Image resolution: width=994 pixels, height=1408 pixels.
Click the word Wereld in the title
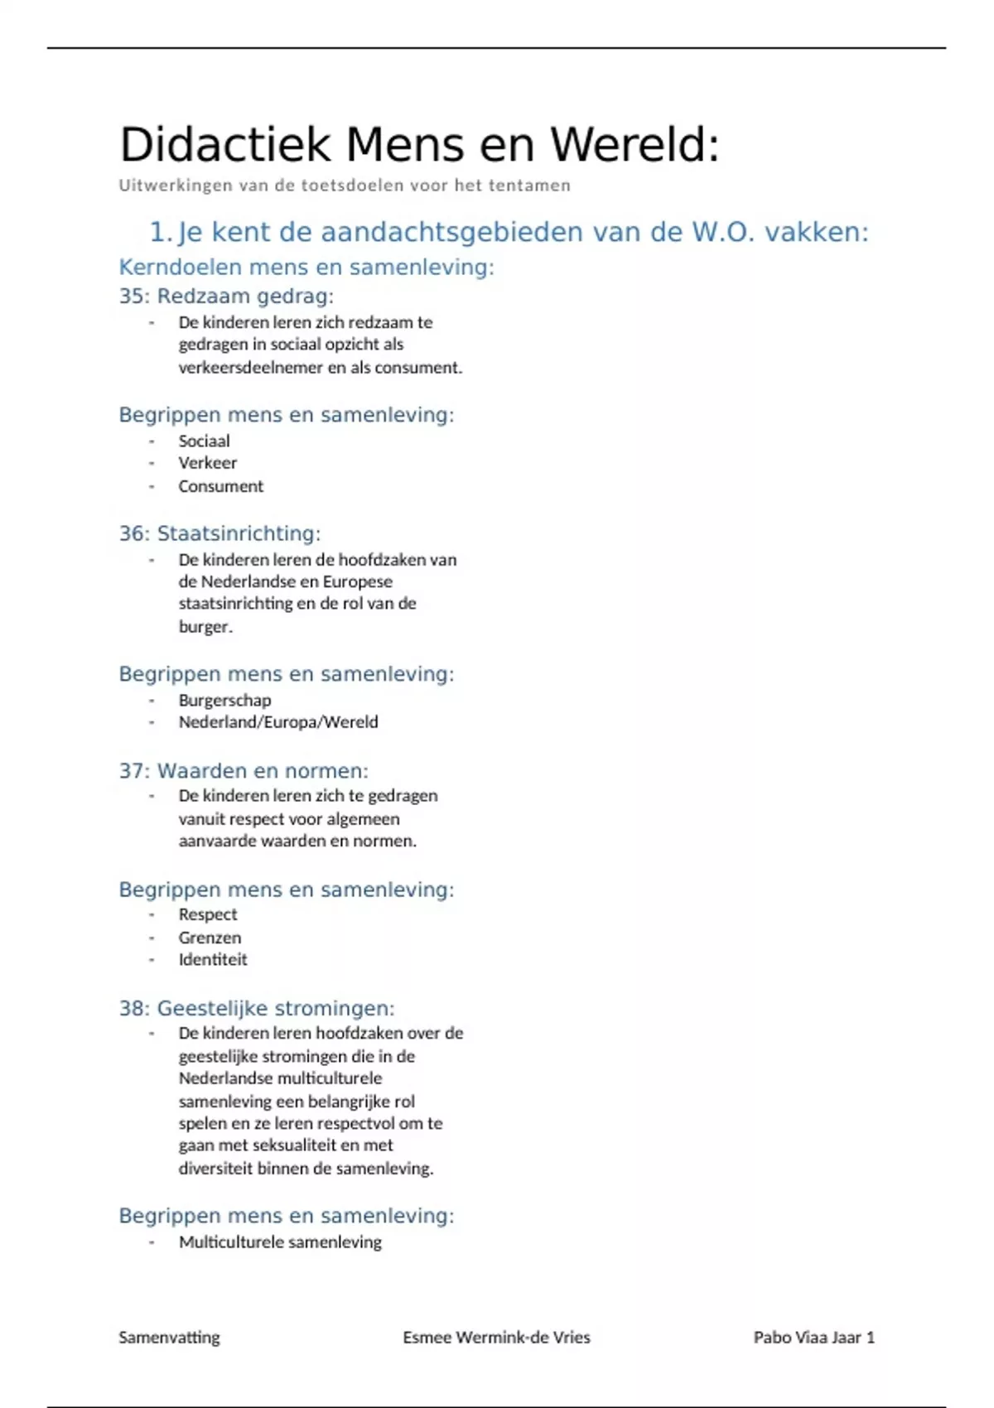tap(635, 145)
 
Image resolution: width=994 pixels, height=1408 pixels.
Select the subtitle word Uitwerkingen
tap(176, 186)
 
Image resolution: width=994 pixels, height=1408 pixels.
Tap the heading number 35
tap(132, 297)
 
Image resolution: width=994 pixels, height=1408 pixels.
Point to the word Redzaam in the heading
tap(198, 297)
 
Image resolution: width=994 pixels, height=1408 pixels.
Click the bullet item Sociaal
tap(204, 441)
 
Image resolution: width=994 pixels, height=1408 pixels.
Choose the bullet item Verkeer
tap(207, 463)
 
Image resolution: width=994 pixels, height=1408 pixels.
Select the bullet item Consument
tap(220, 486)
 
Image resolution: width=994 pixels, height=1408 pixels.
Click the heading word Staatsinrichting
tap(239, 533)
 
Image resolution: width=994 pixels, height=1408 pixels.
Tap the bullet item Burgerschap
tap(224, 701)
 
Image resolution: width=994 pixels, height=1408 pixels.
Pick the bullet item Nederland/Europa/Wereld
tap(278, 722)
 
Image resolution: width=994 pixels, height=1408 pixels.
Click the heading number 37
tap(132, 771)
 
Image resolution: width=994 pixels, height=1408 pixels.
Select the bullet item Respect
tap(208, 914)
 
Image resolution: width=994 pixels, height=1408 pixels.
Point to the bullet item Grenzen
tap(210, 938)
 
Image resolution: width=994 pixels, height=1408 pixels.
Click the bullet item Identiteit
tap(213, 960)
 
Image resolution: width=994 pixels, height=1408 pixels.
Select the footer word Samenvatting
tap(169, 1338)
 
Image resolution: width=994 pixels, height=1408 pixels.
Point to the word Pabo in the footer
tap(772, 1338)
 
